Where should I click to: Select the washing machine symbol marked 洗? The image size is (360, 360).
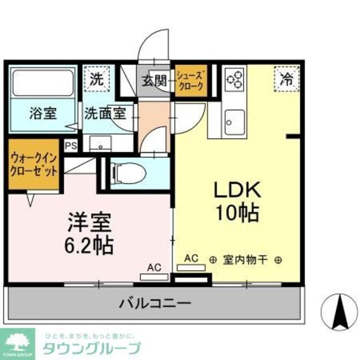(97, 79)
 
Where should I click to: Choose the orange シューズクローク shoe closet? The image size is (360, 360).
(191, 80)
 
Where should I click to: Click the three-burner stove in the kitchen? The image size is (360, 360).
(234, 80)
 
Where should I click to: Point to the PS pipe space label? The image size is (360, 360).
(71, 145)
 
